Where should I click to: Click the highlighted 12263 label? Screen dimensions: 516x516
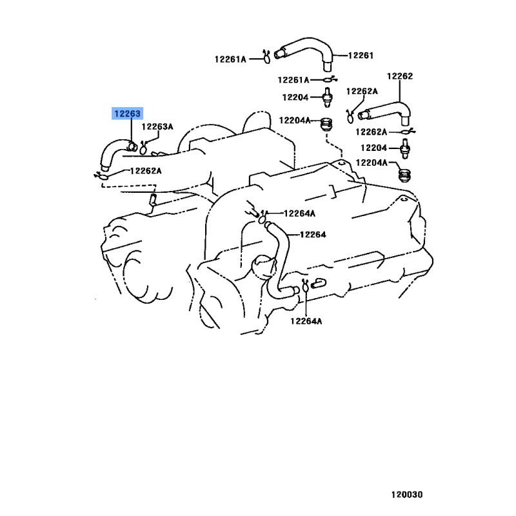coord(127,114)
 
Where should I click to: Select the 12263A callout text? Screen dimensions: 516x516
coord(157,126)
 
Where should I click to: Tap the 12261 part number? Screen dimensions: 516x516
coord(361,55)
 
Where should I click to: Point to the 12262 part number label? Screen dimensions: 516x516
coord(400,76)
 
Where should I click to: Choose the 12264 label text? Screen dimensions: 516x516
coord(313,235)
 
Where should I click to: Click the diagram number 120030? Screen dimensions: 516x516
coord(407,495)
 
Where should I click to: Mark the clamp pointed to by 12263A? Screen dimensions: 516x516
coord(143,148)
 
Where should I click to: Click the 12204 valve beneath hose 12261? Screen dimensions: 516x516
coord(327,97)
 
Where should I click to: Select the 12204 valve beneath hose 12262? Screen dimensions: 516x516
coord(405,148)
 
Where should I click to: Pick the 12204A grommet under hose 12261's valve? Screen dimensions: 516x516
coord(326,124)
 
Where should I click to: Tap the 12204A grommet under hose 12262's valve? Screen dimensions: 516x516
coord(405,175)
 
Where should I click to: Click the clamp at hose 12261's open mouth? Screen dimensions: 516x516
coord(266,57)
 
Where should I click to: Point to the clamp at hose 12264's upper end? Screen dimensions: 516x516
coord(263,218)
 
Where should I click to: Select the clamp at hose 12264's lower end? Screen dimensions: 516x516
coord(305,286)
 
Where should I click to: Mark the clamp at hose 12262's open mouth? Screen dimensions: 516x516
coord(350,116)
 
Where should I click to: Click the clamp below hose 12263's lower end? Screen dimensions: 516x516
coord(102,176)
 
